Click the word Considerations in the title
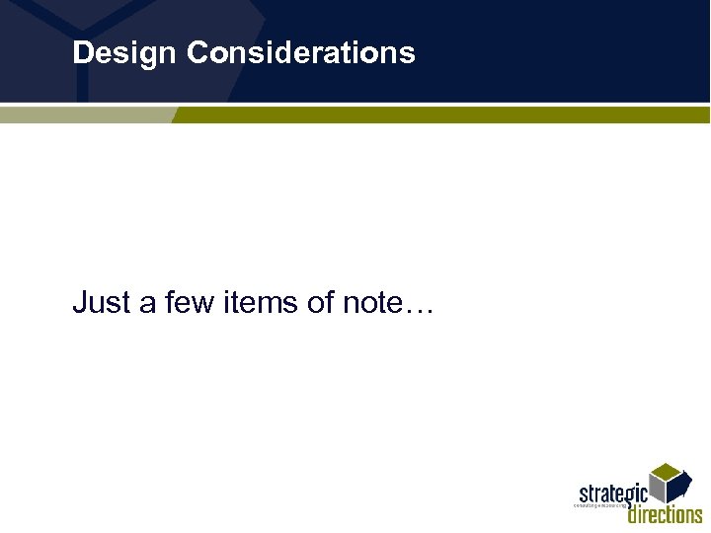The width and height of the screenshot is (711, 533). click(300, 52)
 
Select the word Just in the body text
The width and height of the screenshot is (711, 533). click(101, 303)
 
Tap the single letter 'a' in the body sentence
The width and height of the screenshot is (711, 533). click(148, 303)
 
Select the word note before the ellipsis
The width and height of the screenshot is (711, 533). click(373, 303)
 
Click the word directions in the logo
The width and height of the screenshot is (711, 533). click(666, 513)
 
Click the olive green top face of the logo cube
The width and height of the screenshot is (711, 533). click(670, 471)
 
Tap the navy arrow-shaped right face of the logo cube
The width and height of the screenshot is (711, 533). click(680, 488)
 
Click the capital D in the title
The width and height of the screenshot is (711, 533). click(82, 52)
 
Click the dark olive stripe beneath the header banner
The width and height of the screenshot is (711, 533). click(444, 115)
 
